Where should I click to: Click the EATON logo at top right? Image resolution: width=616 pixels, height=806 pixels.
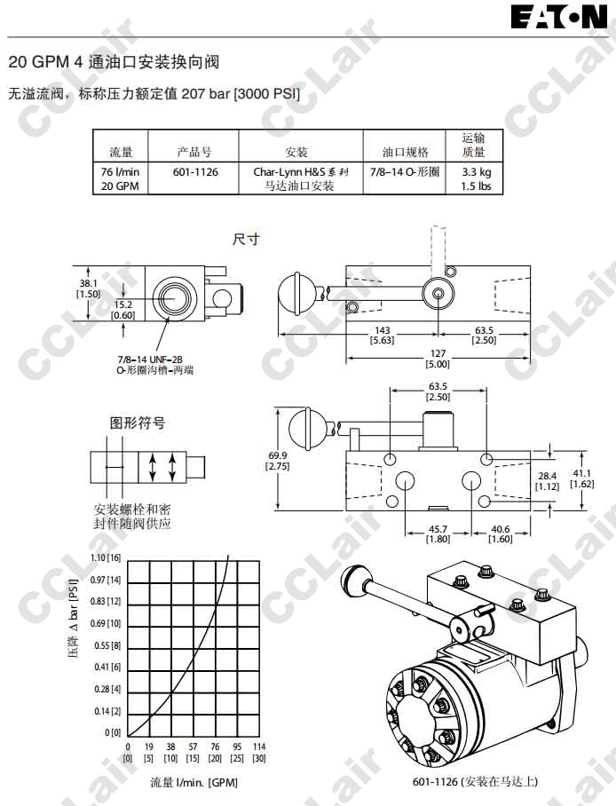click(559, 18)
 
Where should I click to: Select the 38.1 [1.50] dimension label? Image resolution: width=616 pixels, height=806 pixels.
click(89, 288)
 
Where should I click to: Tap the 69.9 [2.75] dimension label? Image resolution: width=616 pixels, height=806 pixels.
click(278, 462)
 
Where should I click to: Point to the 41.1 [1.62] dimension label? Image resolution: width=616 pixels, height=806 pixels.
click(580, 478)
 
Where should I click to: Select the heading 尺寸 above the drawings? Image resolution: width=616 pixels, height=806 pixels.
click(246, 240)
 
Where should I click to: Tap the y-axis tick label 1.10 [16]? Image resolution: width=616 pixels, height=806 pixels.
click(105, 557)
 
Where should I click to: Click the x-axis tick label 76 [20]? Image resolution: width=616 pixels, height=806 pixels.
click(215, 752)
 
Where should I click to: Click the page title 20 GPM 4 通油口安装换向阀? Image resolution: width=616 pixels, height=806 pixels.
click(114, 62)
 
